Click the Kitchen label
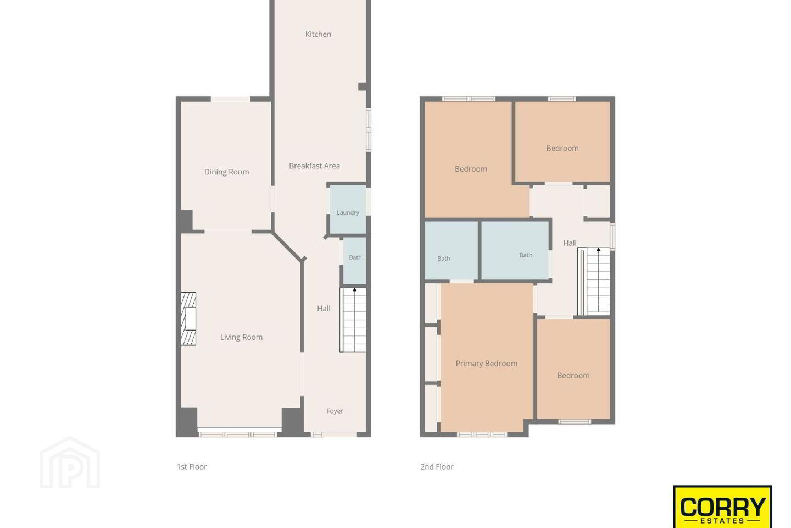tap(318, 34)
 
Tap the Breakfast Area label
tap(314, 166)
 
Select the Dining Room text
tap(226, 172)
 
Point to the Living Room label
tap(241, 337)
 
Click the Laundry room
tap(348, 210)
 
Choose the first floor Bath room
tap(354, 261)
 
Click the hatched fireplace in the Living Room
tap(188, 318)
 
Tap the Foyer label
tap(335, 411)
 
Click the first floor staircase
tap(353, 320)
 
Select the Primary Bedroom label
tap(486, 364)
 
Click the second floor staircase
tap(594, 281)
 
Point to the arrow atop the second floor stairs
tap(599, 250)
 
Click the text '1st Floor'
tap(192, 467)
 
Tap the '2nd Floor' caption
tap(437, 467)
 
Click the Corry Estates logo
tap(722, 507)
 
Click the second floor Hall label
tap(570, 243)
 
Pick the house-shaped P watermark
tap(70, 463)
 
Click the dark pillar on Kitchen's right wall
tap(363, 86)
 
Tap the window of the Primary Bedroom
tap(482, 435)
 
